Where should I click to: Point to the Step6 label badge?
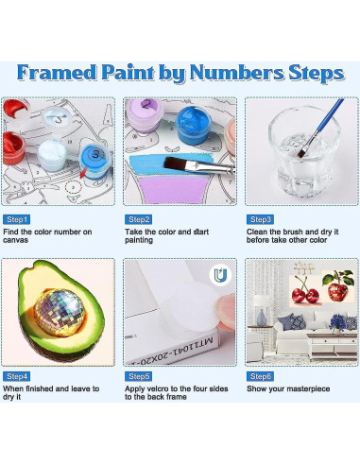[262, 375]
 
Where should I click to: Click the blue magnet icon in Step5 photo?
[218, 275]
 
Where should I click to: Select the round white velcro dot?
[202, 318]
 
